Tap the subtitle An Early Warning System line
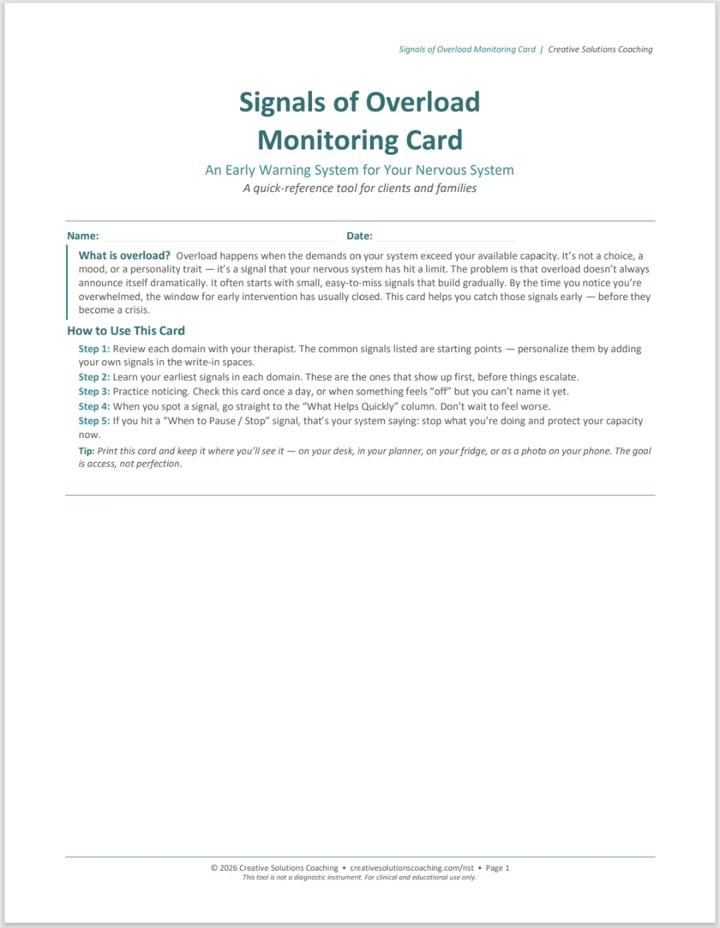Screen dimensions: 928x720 359,170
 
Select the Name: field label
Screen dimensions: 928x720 83,236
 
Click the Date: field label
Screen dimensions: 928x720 359,236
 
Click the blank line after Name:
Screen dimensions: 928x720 217,237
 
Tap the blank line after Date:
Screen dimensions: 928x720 444,237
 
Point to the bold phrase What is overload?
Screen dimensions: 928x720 125,255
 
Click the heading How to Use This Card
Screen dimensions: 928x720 126,331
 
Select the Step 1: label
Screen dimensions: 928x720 94,349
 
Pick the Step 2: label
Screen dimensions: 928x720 94,377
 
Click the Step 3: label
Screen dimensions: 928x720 94,392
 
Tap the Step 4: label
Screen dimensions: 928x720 94,407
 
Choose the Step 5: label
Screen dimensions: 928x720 94,421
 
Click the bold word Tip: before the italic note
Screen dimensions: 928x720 87,451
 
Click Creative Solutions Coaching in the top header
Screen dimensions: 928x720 600,49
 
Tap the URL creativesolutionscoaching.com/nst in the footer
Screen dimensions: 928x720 412,868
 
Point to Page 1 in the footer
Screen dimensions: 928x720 497,868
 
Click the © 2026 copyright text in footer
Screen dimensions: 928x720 274,868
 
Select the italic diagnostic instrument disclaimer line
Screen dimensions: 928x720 359,877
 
